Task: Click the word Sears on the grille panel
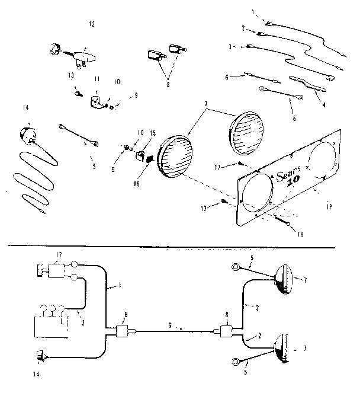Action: click(x=287, y=173)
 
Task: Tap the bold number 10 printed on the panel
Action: click(x=294, y=184)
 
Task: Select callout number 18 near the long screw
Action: click(x=300, y=235)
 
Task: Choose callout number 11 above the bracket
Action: click(x=98, y=78)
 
